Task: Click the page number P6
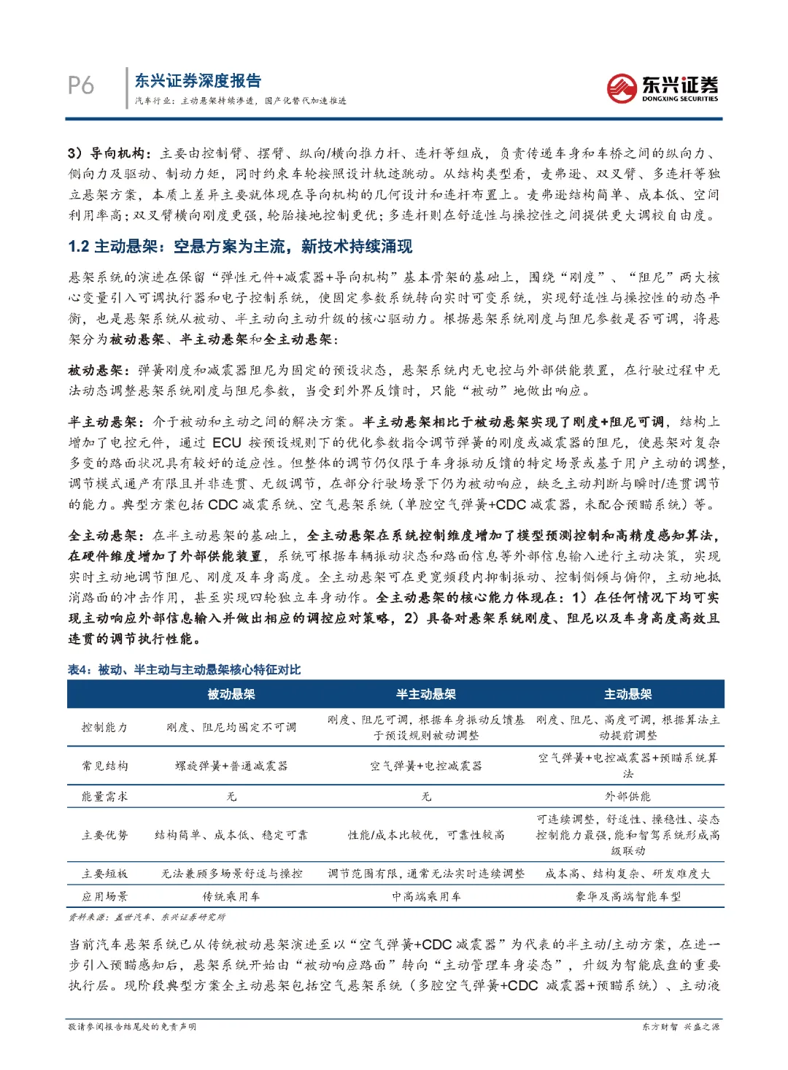81,85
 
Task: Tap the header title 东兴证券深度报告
198,81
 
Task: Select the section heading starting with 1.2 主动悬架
240,247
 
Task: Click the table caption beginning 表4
184,669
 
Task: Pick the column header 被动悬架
231,694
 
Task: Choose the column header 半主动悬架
425,694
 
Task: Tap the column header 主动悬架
627,694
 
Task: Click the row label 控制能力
105,727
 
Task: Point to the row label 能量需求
105,796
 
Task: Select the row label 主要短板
105,873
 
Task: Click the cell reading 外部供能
627,796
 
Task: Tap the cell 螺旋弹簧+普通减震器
231,766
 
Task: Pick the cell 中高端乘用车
425,896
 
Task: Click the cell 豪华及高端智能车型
627,896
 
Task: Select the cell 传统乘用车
231,896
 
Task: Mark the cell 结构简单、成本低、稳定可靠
231,835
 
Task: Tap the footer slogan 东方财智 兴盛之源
680,1027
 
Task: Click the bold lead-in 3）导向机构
110,153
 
